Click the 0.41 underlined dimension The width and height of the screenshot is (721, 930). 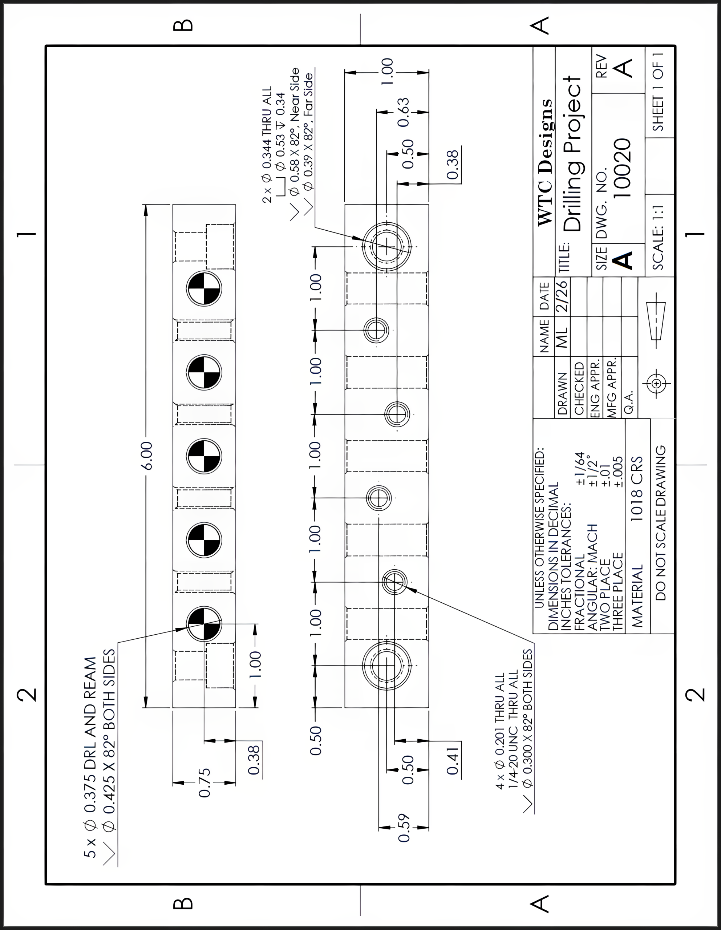(x=453, y=764)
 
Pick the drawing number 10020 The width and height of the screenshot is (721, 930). (x=623, y=168)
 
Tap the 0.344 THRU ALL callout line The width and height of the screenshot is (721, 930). (x=267, y=145)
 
